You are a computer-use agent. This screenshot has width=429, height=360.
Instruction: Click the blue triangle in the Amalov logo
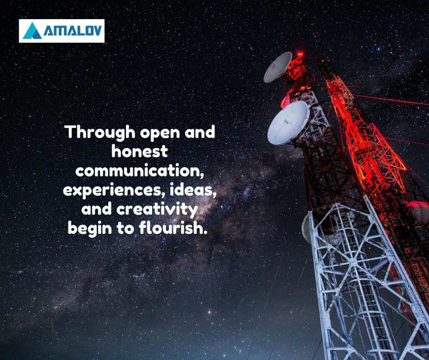point(32,31)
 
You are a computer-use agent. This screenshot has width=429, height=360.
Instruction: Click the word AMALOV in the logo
point(73,31)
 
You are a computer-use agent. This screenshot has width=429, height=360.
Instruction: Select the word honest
point(140,151)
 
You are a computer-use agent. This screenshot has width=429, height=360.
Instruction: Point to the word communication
point(140,170)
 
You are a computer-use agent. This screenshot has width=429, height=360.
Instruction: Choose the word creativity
point(157,210)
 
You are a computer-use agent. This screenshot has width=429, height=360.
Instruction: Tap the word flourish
point(171,228)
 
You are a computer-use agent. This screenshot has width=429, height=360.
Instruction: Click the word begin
point(90,229)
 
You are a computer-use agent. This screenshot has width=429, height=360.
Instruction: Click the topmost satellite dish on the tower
point(277,67)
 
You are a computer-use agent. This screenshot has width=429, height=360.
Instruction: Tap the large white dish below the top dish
point(288,123)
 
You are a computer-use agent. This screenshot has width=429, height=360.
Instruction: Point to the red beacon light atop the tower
point(300,54)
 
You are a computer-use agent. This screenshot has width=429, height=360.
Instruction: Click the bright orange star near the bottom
point(209,312)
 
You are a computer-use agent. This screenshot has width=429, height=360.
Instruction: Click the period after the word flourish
point(205,233)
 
